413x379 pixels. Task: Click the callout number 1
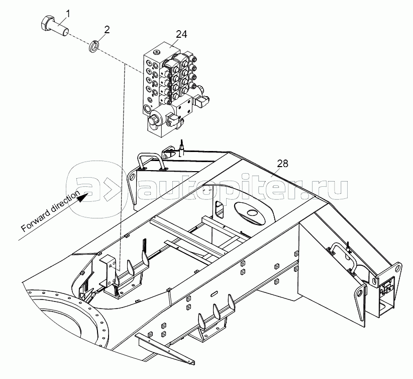68,14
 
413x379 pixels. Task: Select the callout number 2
107,30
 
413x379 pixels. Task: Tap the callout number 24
181,34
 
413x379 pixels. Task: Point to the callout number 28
283,164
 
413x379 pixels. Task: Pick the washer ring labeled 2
93,46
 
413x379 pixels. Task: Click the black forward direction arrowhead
83,197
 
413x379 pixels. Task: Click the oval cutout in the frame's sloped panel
250,213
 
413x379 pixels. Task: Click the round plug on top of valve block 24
157,52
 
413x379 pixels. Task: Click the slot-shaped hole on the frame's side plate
214,293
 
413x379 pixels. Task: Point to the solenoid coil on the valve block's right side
202,101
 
